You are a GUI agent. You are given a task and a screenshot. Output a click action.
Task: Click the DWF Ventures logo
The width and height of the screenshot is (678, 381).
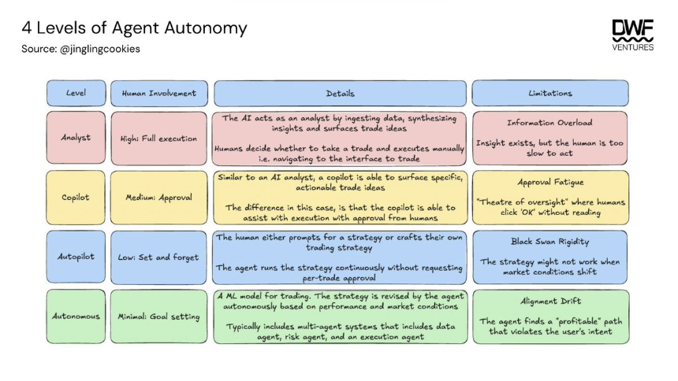(x=632, y=35)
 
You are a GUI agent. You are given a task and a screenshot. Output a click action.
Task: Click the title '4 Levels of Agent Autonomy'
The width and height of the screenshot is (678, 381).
(x=134, y=28)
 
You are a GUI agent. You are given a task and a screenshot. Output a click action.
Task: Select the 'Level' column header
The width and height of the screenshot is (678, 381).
(x=76, y=93)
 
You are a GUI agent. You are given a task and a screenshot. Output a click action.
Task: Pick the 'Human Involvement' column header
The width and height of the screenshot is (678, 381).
(x=159, y=93)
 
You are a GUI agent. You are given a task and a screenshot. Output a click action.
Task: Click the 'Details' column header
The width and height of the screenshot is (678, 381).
(x=340, y=93)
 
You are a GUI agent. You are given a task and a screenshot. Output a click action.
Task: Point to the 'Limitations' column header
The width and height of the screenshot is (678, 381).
(x=550, y=93)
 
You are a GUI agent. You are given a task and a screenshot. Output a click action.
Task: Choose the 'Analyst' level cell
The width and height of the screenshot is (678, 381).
(x=76, y=138)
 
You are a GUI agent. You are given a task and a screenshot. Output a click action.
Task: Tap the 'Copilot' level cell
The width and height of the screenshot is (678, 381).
(x=76, y=198)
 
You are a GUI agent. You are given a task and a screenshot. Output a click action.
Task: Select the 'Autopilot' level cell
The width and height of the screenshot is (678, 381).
(x=76, y=257)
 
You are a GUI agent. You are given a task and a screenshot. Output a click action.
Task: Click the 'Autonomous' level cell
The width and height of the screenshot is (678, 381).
(x=76, y=316)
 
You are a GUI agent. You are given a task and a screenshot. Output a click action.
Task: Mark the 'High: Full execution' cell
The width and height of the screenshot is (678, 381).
(x=159, y=139)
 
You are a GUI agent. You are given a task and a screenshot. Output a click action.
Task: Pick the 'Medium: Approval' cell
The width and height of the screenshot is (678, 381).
(x=159, y=198)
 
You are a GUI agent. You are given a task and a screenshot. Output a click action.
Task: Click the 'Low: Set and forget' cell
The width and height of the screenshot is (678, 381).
(x=159, y=257)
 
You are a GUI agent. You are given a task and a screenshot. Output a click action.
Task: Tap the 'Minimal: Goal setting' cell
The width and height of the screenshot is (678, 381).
(x=159, y=316)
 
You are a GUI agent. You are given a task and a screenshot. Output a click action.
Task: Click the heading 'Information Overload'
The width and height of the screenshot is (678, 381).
(x=550, y=123)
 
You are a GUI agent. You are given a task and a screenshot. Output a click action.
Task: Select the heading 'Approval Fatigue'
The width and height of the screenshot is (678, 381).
(x=550, y=182)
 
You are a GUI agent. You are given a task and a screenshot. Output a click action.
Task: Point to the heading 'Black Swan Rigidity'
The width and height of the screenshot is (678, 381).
(x=550, y=242)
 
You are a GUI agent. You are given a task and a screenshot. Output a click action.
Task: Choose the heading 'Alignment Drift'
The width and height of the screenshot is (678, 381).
(x=550, y=301)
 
